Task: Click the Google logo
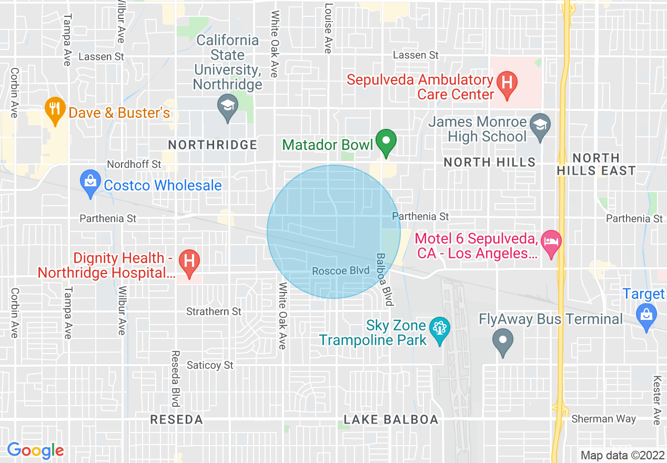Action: click(x=35, y=450)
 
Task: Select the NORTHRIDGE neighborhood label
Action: click(x=213, y=145)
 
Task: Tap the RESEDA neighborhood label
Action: click(x=176, y=419)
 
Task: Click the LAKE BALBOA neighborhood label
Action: click(x=391, y=419)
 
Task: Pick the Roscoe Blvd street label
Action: click(x=341, y=271)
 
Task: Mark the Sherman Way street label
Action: click(x=603, y=419)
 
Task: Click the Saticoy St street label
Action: click(x=210, y=365)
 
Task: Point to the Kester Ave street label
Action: click(x=656, y=392)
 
